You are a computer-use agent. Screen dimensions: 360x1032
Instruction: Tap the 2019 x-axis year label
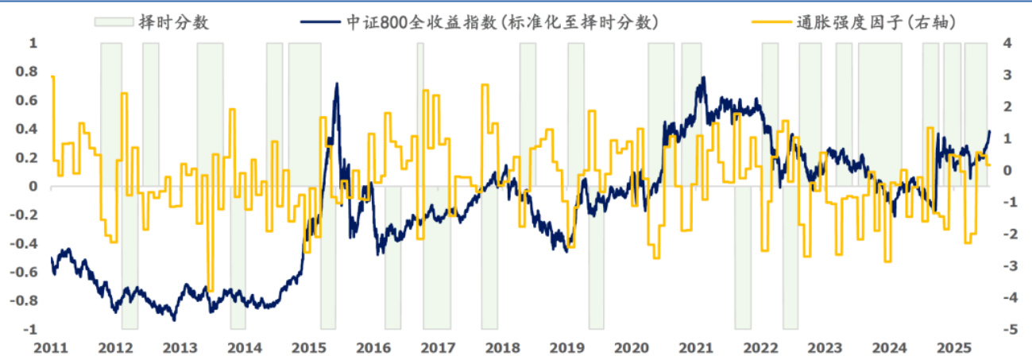[566, 348]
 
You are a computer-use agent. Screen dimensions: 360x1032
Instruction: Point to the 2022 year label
[760, 348]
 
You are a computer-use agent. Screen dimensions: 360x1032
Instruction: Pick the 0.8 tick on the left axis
[27, 72]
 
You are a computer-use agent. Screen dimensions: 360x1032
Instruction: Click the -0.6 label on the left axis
[25, 273]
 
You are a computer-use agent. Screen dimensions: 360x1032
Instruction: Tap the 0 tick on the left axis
[34, 187]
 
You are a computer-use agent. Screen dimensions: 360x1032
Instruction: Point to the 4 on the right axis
[1005, 43]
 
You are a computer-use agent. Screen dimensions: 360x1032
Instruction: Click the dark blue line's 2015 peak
[337, 83]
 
